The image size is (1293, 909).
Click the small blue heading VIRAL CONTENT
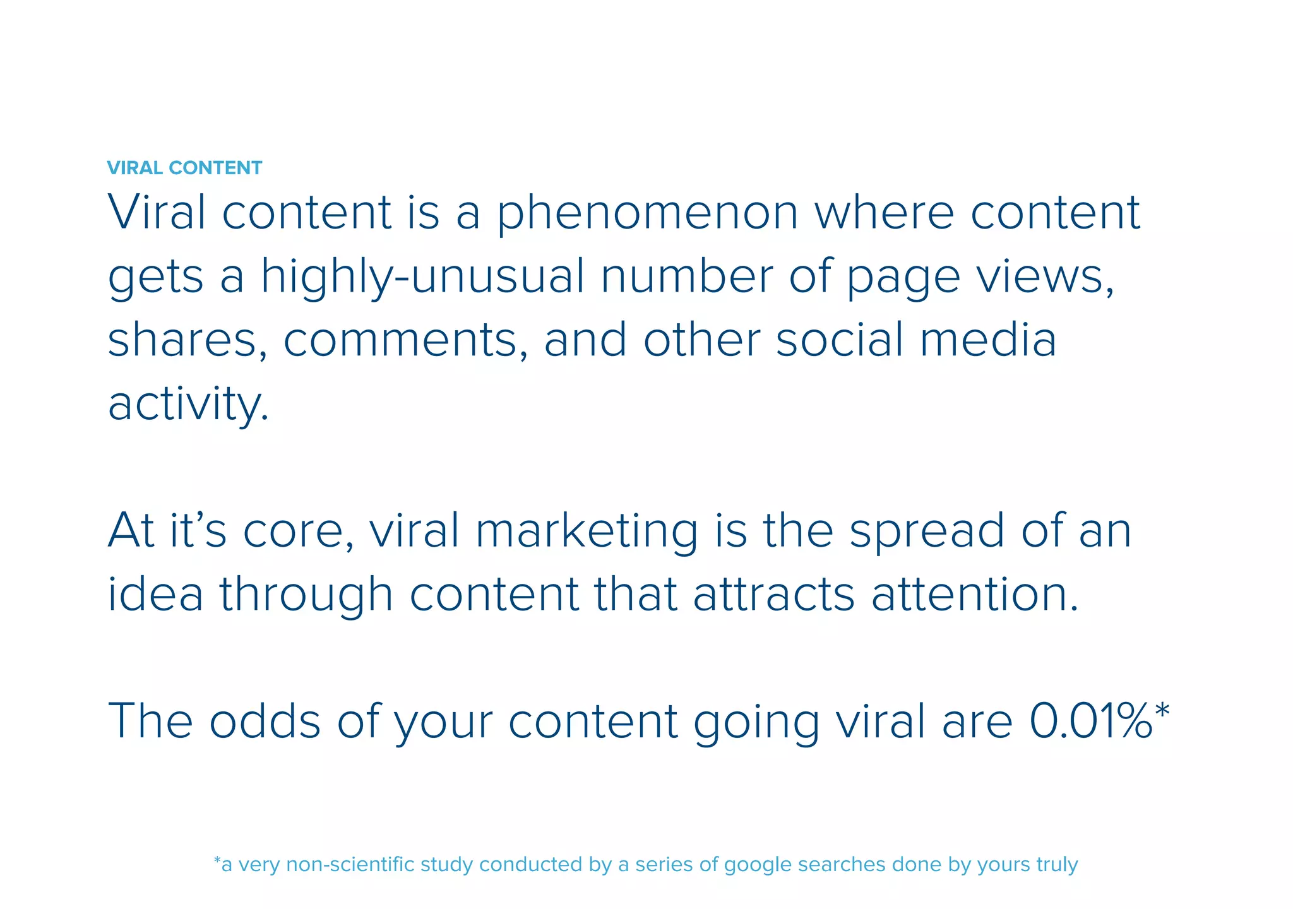[x=184, y=168]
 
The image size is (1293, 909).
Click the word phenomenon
[x=647, y=213]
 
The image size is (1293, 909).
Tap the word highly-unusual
[x=422, y=278]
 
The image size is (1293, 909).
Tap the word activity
[x=188, y=405]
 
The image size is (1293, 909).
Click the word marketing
[x=587, y=532]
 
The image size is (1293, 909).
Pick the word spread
[x=927, y=532]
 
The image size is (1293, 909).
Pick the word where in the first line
[x=884, y=213]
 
